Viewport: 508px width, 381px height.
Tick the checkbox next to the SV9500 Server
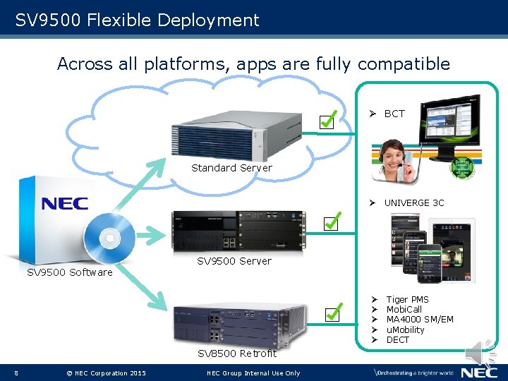(x=332, y=224)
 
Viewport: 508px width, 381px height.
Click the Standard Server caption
(x=231, y=168)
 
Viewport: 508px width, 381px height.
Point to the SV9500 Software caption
(x=69, y=272)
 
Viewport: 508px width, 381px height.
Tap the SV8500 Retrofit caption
(x=237, y=353)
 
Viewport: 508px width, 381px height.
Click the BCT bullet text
(x=394, y=114)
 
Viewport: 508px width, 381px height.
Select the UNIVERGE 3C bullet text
(x=414, y=203)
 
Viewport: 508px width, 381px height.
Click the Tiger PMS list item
(x=407, y=300)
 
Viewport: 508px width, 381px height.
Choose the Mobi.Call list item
(x=404, y=310)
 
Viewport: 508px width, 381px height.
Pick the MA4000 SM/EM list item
(x=420, y=320)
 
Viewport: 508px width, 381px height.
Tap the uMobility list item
(x=405, y=329)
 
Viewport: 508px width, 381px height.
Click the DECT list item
(x=397, y=339)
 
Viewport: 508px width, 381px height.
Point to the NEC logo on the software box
(x=64, y=204)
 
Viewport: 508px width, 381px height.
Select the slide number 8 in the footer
(x=16, y=373)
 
